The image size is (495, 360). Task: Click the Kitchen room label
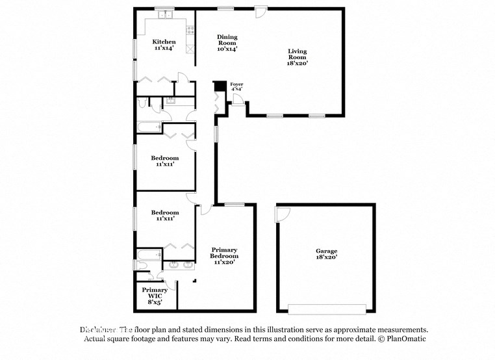(x=164, y=42)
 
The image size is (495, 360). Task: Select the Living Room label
(x=298, y=54)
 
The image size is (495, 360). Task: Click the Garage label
(x=327, y=251)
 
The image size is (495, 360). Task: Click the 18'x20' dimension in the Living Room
(x=298, y=63)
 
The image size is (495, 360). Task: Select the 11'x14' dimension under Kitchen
(x=164, y=48)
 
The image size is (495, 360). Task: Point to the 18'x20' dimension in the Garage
(x=327, y=258)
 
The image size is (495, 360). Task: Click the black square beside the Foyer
(x=220, y=86)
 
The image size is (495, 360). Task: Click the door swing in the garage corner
(x=283, y=213)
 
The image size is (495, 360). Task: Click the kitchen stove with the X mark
(x=189, y=48)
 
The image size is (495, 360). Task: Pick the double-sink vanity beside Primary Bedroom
(x=180, y=264)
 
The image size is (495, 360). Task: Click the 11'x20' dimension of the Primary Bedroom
(x=223, y=262)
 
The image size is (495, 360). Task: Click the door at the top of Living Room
(x=260, y=11)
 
